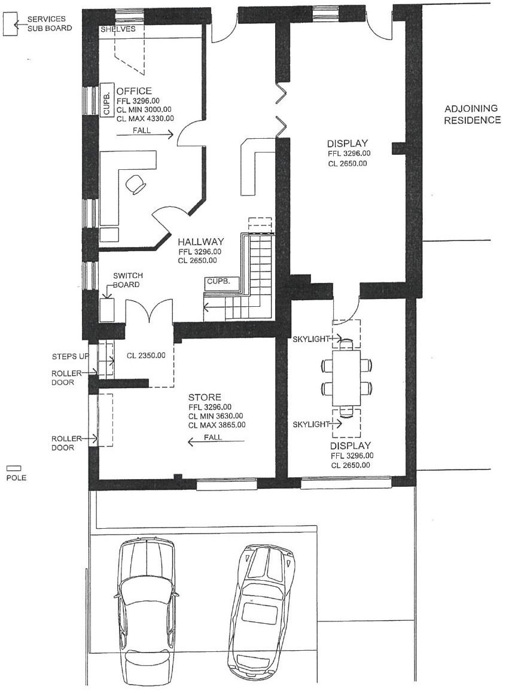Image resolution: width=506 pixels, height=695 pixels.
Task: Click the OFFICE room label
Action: tap(134, 91)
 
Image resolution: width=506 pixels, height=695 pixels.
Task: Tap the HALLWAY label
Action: tap(201, 242)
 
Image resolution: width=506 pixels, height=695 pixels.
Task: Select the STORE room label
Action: tap(205, 397)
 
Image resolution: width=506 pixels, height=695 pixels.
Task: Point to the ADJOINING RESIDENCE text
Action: tap(472, 114)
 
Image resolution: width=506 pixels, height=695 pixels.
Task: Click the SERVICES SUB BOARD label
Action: tap(49, 23)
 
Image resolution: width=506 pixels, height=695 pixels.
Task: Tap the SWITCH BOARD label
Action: tap(127, 280)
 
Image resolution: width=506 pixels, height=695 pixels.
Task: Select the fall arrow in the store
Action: tap(216, 441)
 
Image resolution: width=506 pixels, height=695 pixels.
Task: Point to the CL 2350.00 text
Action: tap(146, 355)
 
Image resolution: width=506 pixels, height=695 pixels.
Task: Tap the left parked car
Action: tap(147, 612)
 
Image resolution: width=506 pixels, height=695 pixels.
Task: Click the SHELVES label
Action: tap(118, 29)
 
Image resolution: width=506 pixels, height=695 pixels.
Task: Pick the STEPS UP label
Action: tap(71, 356)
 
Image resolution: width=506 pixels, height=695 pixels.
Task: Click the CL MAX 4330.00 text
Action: tap(145, 118)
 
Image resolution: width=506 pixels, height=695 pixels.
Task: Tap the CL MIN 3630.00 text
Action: tap(215, 416)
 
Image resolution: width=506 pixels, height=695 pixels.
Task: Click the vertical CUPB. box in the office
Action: tap(106, 100)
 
